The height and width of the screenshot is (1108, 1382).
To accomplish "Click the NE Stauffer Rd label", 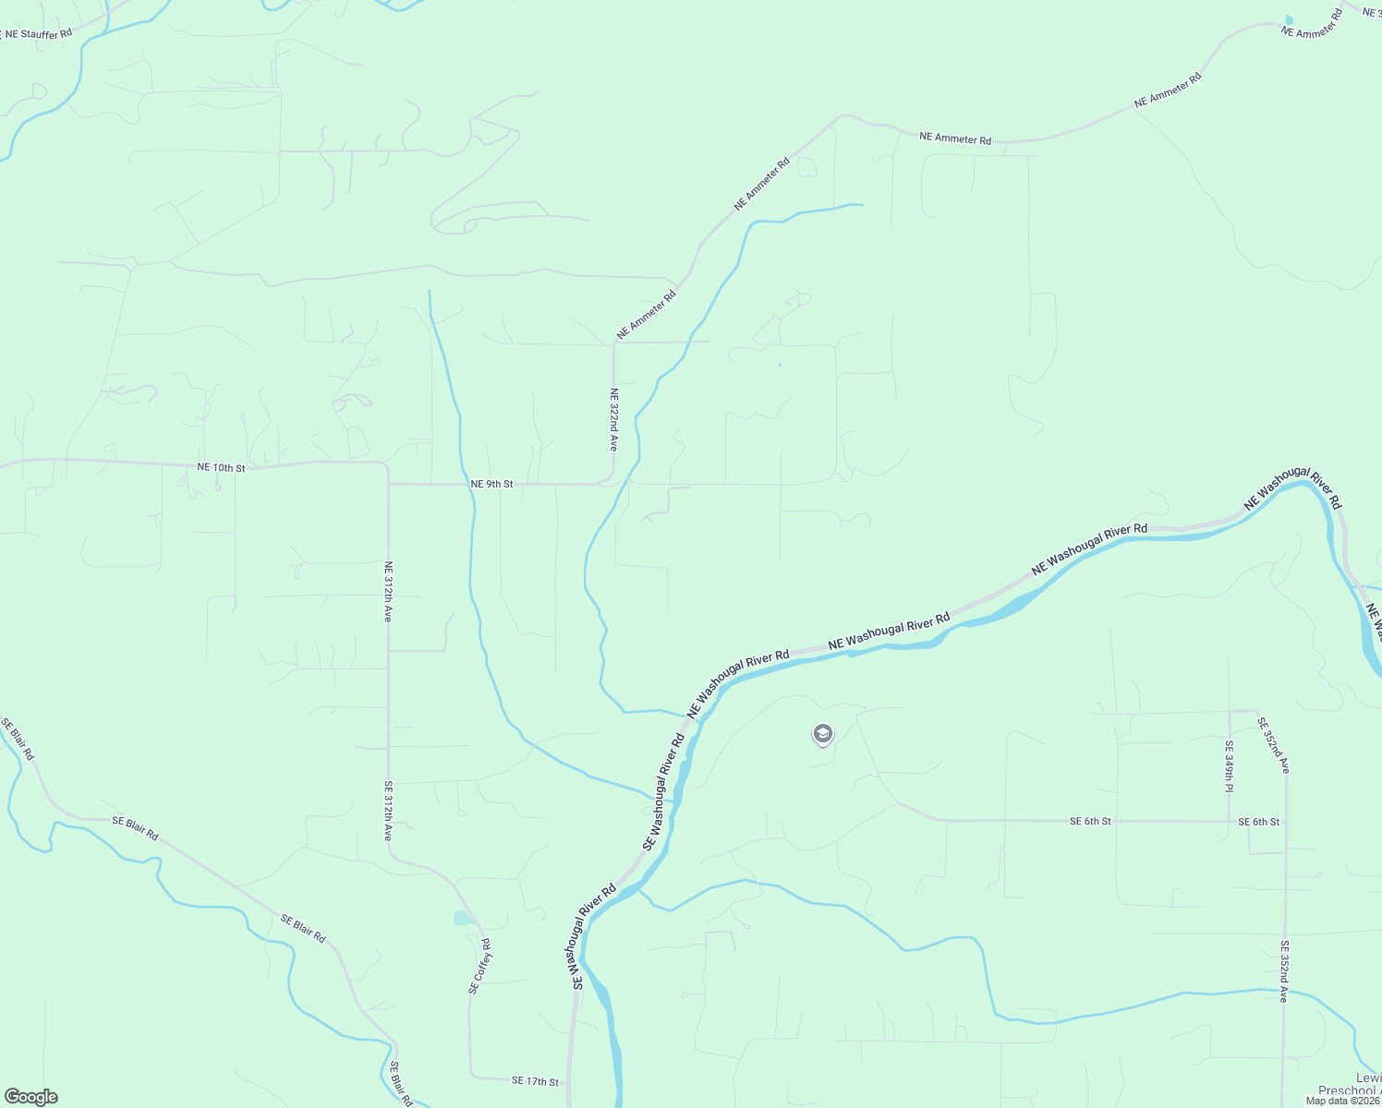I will [37, 34].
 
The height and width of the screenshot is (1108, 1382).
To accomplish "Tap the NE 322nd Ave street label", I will [612, 419].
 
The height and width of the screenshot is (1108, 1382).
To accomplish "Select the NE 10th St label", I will [221, 468].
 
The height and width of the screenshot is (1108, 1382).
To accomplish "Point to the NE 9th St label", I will [491, 484].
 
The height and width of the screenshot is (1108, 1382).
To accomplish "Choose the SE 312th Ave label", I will [389, 810].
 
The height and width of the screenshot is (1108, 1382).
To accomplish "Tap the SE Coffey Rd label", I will [479, 967].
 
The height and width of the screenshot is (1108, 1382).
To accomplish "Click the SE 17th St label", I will [536, 1080].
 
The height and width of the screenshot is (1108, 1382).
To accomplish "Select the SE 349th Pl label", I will [1230, 766].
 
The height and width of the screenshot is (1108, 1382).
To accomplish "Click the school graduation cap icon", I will [822, 734].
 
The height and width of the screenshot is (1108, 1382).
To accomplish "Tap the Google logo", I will [30, 1097].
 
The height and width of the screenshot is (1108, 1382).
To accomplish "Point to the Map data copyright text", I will [1342, 1101].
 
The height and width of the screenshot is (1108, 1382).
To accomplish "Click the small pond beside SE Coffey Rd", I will [462, 918].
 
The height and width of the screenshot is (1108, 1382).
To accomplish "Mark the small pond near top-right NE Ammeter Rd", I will [1289, 19].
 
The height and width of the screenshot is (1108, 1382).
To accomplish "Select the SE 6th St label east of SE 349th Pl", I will [1259, 822].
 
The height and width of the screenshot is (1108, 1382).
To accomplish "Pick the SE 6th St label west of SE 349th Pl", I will [1090, 821].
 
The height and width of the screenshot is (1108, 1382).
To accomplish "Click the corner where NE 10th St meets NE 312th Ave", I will [386, 464].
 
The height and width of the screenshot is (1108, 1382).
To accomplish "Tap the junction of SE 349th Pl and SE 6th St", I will [1230, 821].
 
